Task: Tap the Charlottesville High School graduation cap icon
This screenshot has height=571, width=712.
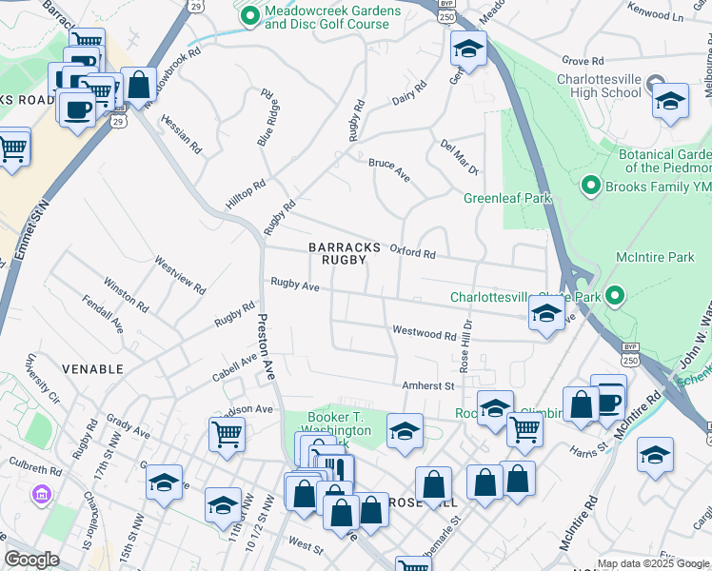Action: tap(670, 101)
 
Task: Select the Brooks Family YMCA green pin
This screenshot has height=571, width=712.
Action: tap(590, 186)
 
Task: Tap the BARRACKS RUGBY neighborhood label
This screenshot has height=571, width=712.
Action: tap(344, 253)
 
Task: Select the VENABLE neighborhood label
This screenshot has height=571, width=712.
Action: tap(93, 368)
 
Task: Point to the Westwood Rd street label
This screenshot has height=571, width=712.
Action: tap(425, 333)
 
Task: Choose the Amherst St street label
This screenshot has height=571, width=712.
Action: tap(427, 385)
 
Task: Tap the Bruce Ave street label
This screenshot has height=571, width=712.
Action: tap(389, 164)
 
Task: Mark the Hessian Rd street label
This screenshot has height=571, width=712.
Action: tap(181, 134)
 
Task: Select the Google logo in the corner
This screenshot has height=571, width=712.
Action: tap(32, 559)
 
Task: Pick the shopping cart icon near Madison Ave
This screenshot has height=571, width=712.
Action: tap(227, 435)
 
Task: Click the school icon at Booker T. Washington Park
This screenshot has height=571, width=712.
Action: tap(405, 430)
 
